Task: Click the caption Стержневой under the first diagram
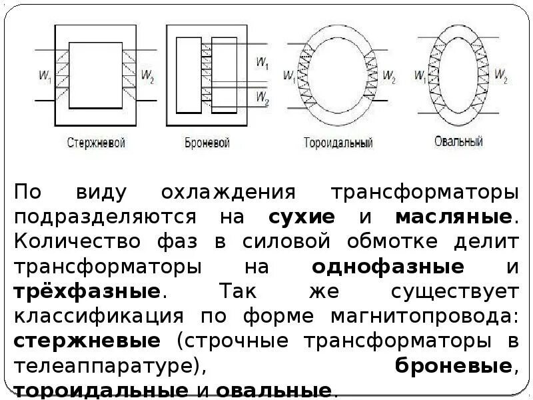(x=97, y=143)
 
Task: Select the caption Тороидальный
(x=338, y=143)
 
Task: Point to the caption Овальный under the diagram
(x=458, y=141)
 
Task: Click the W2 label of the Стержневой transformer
(x=149, y=77)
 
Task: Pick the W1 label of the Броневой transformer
(x=263, y=63)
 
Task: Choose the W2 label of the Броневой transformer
(x=263, y=98)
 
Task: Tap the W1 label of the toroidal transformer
(x=288, y=75)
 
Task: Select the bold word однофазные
(x=388, y=267)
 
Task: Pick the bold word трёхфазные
(x=87, y=292)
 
